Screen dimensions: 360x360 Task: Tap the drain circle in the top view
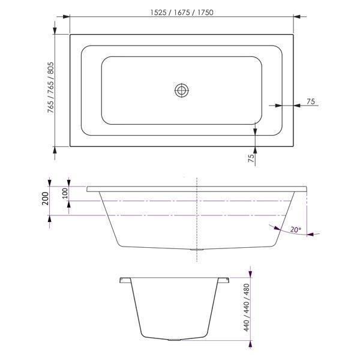182,91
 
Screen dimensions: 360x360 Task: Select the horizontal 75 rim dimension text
311,101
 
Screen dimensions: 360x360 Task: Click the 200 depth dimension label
46,199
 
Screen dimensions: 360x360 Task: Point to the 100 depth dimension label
65,193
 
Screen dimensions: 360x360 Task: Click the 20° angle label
295,229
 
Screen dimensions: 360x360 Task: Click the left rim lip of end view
124,280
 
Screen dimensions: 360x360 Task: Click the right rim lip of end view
224,280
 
